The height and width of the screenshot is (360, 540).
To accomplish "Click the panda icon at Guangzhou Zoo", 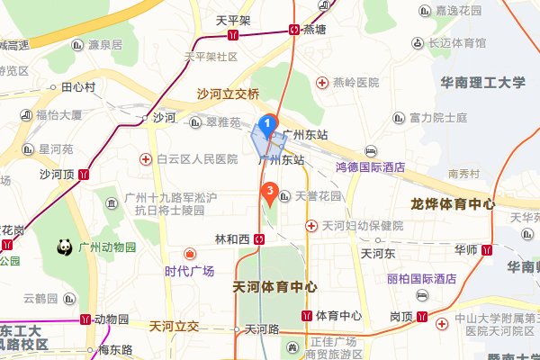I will tap(66, 246).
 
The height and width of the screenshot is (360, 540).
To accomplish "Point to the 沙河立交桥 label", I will tap(229, 94).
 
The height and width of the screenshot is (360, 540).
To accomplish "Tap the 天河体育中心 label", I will tap(274, 287).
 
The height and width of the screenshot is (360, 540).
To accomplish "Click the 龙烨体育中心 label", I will tap(452, 203).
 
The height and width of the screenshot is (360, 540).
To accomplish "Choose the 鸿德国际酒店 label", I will tap(370, 166).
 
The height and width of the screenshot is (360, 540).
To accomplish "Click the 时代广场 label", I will tap(189, 271).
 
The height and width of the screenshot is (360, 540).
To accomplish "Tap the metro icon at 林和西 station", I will tap(259, 239).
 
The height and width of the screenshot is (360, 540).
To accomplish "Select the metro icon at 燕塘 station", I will tap(295, 29).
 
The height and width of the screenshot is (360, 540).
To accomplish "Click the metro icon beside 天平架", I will tap(233, 36).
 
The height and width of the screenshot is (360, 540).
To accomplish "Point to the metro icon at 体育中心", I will tap(308, 316).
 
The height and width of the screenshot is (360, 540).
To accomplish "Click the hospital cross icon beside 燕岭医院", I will tap(321, 83).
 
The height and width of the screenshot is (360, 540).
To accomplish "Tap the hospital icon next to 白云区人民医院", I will tap(145, 159).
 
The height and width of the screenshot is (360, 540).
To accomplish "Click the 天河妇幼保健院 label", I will tap(355, 225).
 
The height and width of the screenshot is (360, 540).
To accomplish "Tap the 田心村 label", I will tap(78, 87).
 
